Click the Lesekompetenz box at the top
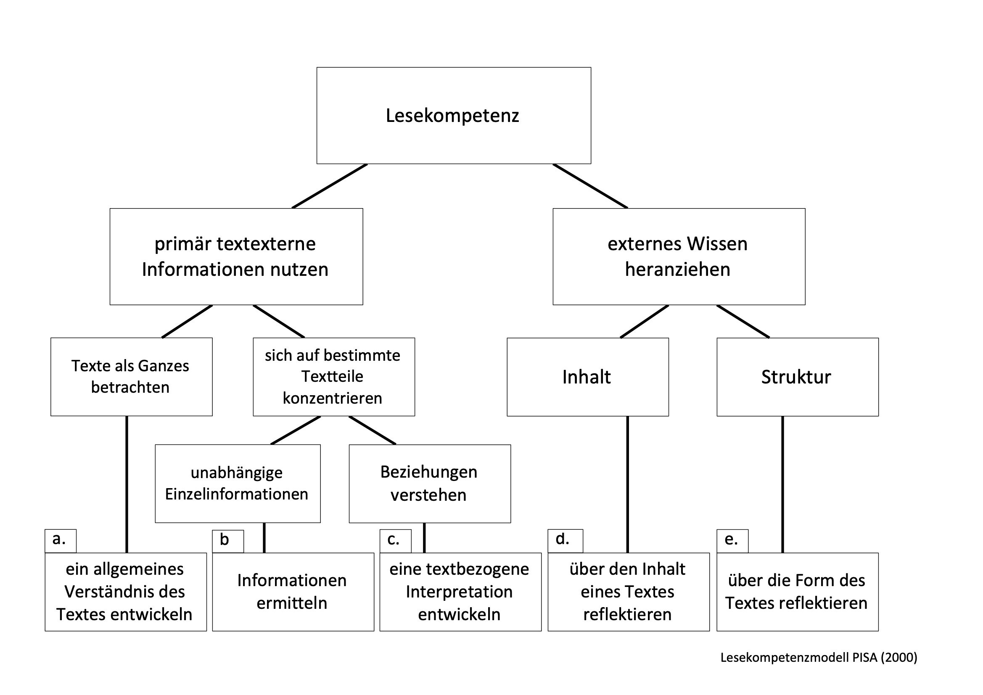(454, 116)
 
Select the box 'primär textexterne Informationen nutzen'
(236, 257)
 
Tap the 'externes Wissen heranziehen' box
(679, 257)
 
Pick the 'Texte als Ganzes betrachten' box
(132, 377)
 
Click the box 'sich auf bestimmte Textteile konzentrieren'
(334, 377)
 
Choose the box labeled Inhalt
(588, 377)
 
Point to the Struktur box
(798, 377)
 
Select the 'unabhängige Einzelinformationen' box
(238, 484)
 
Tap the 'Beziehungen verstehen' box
(430, 484)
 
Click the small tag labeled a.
(61, 541)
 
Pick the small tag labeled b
(228, 541)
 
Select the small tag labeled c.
(396, 541)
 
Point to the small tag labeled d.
(565, 541)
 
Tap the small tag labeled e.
(732, 541)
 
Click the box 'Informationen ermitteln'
(293, 592)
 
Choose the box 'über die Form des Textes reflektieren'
(798, 592)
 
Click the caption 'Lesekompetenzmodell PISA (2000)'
(819, 657)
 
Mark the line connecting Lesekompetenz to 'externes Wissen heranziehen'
(590, 186)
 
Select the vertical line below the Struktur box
(782, 484)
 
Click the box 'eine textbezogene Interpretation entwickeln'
(461, 592)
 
